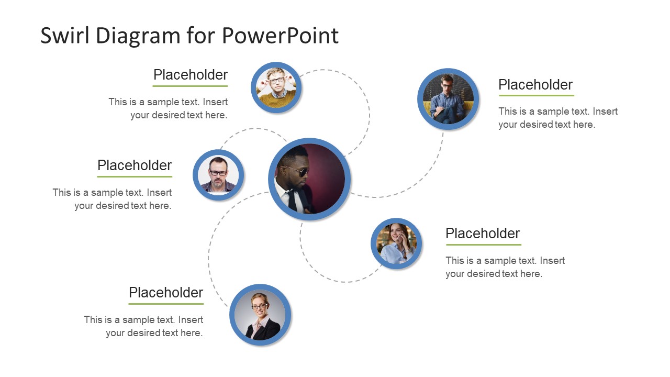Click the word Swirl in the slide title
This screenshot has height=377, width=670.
tap(65, 36)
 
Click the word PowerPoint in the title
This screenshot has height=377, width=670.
tap(280, 36)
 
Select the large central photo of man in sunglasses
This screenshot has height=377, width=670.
tap(309, 179)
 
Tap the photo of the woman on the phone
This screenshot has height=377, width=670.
tap(396, 243)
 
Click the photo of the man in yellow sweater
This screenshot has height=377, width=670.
tap(276, 87)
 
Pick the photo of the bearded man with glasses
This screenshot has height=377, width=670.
tap(218, 175)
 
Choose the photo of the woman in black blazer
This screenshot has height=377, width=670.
tap(260, 315)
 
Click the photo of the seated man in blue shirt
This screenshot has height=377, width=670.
tap(448, 99)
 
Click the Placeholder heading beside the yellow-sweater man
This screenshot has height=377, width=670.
tap(191, 75)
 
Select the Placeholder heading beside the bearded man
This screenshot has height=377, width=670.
tap(135, 165)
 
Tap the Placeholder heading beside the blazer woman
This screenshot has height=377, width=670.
tap(166, 293)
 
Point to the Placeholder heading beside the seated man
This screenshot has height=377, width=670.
tap(535, 85)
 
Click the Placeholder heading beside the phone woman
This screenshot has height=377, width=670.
tap(483, 234)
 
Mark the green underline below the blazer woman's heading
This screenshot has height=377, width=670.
tap(166, 304)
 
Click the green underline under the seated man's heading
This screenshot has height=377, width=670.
tap(537, 95)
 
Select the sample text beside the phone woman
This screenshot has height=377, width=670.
tap(505, 267)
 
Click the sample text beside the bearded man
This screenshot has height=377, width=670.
tap(113, 199)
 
